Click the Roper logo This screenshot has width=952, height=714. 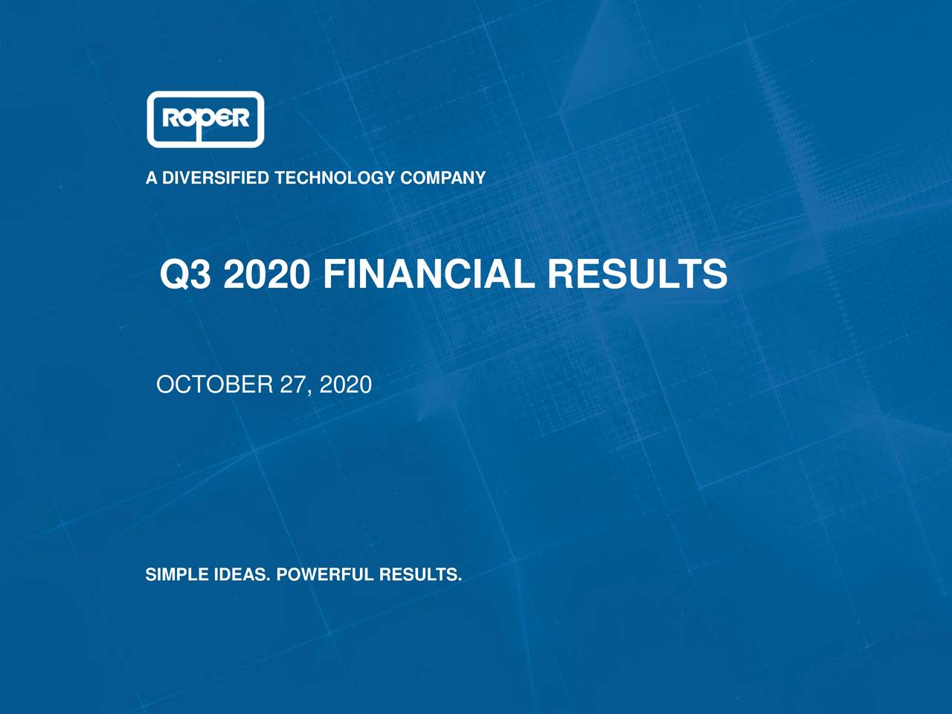pos(205,119)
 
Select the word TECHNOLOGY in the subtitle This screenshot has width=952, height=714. pos(335,178)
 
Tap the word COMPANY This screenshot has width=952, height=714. pos(443,178)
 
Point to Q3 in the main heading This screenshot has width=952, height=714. pos(185,274)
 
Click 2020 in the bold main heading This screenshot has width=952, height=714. pos(266,274)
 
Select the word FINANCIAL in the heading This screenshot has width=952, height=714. pos(428,274)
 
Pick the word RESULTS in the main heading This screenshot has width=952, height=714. pos(637,274)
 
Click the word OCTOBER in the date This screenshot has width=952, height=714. pos(214,385)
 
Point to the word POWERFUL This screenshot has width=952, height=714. pos(324,575)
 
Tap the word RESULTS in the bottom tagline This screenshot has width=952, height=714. pos(419,575)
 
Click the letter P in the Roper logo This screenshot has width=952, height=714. pos(202,121)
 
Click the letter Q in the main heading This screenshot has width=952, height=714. pos(174,274)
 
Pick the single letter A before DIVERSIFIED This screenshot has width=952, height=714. pos(151,178)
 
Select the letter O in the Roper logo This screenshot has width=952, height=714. pos(185,118)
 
